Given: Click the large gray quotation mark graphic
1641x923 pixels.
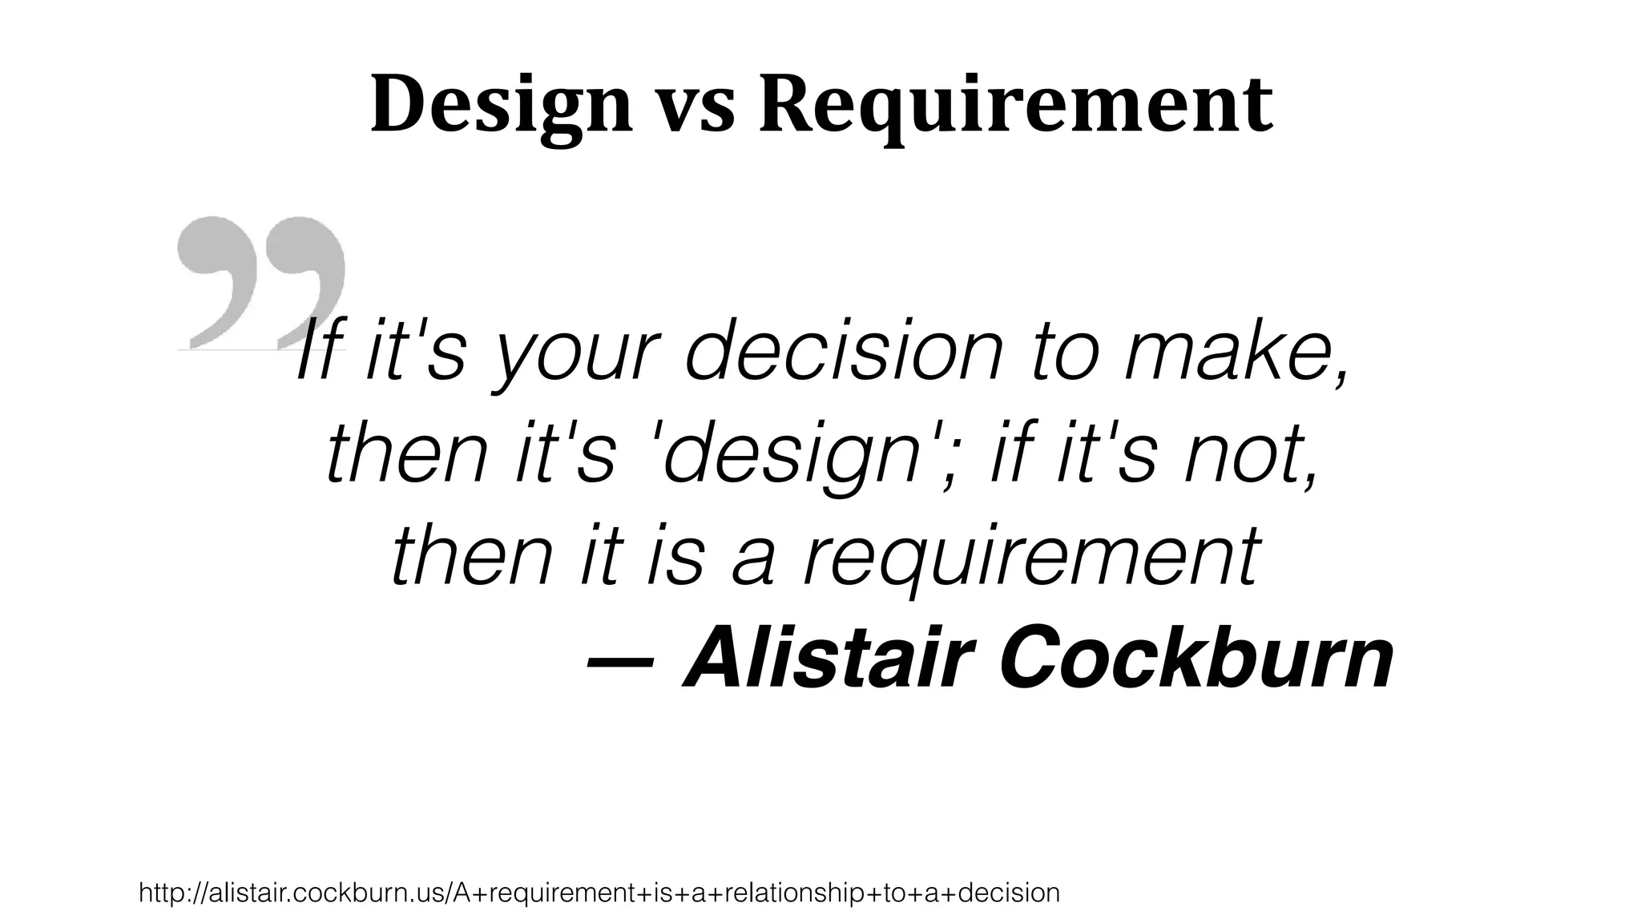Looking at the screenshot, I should tap(261, 280).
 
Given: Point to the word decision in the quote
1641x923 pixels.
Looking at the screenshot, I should tap(845, 353).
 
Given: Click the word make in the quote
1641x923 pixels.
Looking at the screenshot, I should tap(1226, 353).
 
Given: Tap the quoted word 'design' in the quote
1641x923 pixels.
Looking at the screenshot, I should tap(789, 457).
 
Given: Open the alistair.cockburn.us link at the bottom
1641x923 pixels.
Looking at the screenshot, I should tap(599, 893).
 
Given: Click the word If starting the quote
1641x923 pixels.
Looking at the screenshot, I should tap(318, 353).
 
